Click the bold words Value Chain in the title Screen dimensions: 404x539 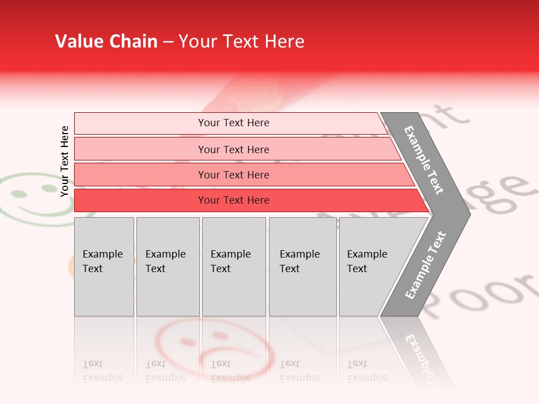[x=106, y=42]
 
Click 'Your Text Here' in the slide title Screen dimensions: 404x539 [x=241, y=42]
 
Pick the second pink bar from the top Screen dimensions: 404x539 [x=233, y=149]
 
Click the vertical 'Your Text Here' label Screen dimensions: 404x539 [x=65, y=161]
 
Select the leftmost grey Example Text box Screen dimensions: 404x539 [x=104, y=267]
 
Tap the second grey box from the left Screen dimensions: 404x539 [x=168, y=267]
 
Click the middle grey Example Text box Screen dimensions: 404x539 [x=234, y=267]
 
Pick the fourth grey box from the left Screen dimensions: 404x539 [x=303, y=267]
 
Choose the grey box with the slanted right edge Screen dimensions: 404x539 [x=371, y=267]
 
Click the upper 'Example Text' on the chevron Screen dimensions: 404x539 [x=424, y=160]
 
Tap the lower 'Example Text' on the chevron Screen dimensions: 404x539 [x=425, y=265]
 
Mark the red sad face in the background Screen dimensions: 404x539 [x=213, y=345]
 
